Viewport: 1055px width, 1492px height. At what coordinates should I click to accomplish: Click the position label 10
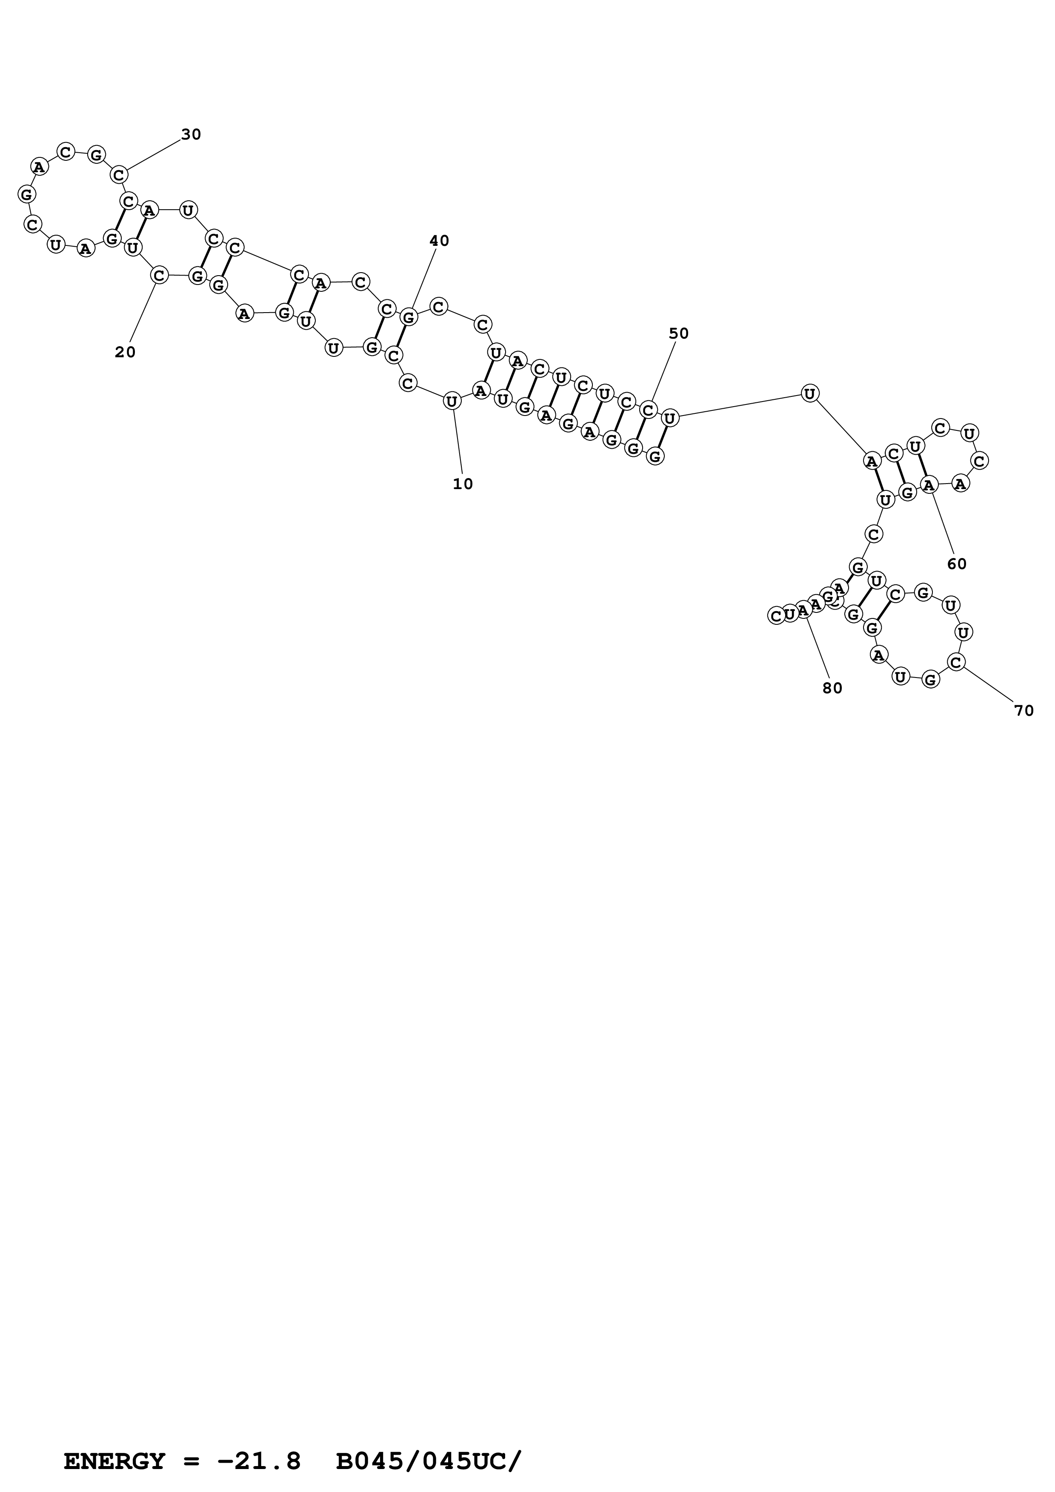pyautogui.click(x=463, y=484)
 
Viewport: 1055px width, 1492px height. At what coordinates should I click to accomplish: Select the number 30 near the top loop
pyautogui.click(x=191, y=134)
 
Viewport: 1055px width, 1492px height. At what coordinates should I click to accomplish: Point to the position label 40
pyautogui.click(x=440, y=241)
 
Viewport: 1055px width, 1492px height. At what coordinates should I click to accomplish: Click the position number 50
pyautogui.click(x=679, y=334)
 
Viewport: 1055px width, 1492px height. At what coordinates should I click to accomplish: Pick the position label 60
pyautogui.click(x=957, y=564)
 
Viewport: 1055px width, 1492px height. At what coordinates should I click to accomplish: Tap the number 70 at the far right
pyautogui.click(x=1024, y=712)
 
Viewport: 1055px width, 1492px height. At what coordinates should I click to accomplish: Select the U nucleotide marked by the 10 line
pyautogui.click(x=452, y=401)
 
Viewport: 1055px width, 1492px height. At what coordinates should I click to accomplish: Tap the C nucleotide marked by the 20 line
pyautogui.click(x=159, y=276)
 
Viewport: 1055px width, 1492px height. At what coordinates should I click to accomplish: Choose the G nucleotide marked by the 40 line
pyautogui.click(x=408, y=318)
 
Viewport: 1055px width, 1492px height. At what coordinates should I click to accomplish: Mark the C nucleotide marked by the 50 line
pyautogui.click(x=648, y=410)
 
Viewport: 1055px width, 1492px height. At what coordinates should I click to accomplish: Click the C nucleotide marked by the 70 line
pyautogui.click(x=955, y=662)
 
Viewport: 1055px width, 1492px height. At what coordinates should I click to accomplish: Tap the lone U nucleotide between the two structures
pyautogui.click(x=809, y=393)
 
